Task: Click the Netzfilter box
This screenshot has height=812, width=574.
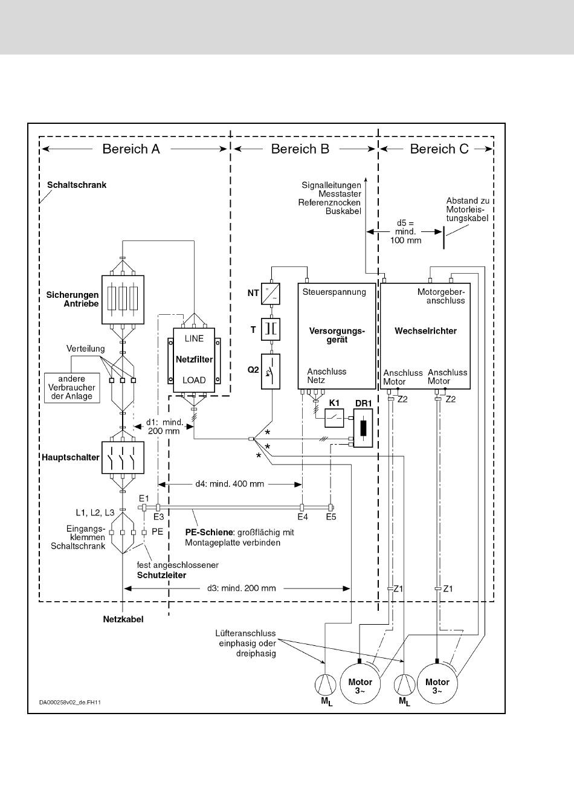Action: click(194, 360)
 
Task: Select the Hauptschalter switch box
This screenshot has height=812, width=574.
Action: click(123, 457)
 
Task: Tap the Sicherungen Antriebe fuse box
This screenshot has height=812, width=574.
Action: click(123, 300)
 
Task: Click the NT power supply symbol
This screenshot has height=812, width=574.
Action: click(271, 293)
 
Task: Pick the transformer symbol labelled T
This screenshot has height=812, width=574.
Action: click(271, 329)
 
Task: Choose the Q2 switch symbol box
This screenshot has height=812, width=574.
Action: click(271, 371)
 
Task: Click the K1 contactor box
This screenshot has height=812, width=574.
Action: click(334, 418)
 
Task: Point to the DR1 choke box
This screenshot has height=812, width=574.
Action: click(363, 428)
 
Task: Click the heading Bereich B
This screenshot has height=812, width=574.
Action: click(300, 149)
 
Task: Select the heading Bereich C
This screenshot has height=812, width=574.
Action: click(439, 149)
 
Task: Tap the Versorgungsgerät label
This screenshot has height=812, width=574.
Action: click(337, 335)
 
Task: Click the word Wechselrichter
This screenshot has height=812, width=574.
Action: click(425, 331)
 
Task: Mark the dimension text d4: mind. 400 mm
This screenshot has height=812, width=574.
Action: click(230, 484)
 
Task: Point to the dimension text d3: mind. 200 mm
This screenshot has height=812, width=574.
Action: click(242, 588)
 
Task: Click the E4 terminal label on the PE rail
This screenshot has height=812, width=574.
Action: click(303, 517)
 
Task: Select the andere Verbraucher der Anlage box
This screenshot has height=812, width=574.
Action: click(72, 388)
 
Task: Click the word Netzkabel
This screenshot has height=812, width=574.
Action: click(123, 619)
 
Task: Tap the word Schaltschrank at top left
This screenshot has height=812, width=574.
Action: click(77, 185)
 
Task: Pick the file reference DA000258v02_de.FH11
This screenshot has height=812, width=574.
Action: click(70, 702)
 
